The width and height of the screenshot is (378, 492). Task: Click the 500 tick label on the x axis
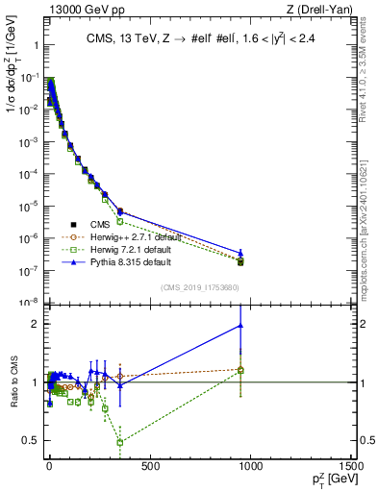[149, 466]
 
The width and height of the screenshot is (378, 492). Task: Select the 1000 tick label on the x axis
[251, 466]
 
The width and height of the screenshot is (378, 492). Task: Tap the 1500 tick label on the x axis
[352, 466]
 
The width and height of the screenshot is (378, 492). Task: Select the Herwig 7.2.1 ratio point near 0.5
[119, 443]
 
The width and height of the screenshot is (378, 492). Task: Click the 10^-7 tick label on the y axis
[27, 270]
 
